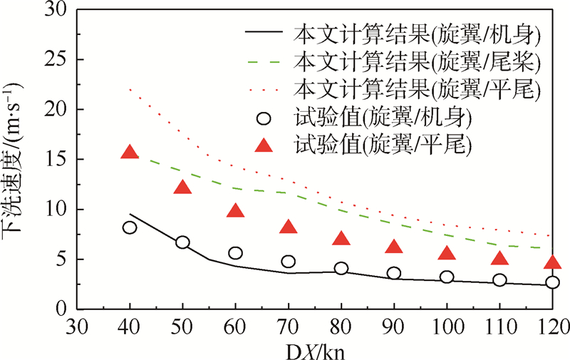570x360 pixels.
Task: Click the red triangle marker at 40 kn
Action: pos(130,152)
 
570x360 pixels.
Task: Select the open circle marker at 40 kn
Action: pos(130,227)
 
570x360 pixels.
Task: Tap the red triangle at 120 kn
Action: pos(552,262)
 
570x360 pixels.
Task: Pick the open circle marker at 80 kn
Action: pos(341,269)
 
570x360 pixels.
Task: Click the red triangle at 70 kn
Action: pos(289,227)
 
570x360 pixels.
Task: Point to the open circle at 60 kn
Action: pos(235,253)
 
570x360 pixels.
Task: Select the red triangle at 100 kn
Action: pos(447,253)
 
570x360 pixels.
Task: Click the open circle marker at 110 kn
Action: pos(499,280)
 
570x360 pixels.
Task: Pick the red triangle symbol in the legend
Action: pos(264,145)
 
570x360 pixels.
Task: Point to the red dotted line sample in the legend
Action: pos(264,89)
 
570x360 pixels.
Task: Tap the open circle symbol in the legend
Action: pos(264,117)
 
